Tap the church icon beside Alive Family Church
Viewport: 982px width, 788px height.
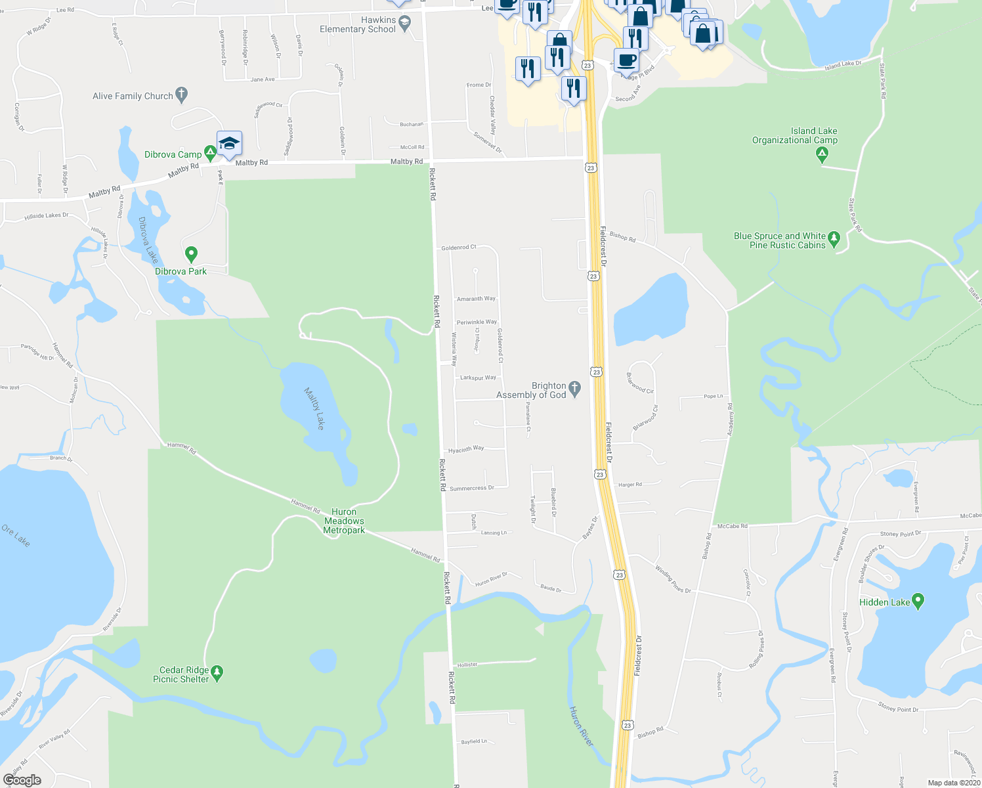[182, 95]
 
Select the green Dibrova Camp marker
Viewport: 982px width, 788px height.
[210, 154]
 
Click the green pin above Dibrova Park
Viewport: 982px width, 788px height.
[191, 253]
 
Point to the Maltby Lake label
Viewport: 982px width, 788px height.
[314, 408]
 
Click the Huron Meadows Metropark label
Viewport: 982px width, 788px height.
[344, 521]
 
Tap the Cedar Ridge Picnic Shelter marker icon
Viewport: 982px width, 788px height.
[217, 672]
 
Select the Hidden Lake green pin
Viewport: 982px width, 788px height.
[918, 600]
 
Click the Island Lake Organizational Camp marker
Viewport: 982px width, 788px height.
[822, 155]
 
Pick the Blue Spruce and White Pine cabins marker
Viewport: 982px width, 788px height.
[834, 238]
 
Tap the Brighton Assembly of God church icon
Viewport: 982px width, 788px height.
[575, 389]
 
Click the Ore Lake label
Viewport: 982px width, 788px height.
[16, 536]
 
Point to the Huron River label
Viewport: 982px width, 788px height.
[581, 726]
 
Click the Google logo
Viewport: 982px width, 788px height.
[22, 780]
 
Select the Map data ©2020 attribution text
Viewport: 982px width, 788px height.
[952, 783]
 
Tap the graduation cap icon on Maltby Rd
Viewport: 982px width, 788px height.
[229, 144]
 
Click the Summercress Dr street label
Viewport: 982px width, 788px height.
[471, 489]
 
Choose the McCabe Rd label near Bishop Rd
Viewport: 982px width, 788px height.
[732, 526]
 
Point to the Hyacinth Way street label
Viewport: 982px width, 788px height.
[466, 449]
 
